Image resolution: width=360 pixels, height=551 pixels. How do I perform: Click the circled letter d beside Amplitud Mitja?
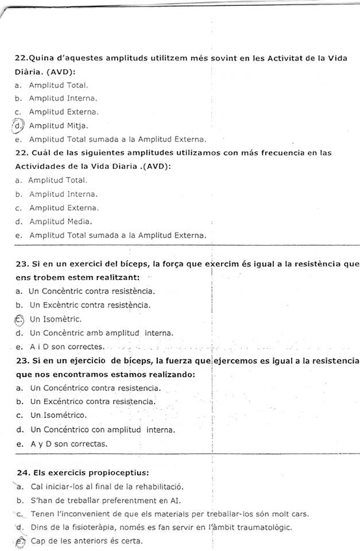tap(19, 125)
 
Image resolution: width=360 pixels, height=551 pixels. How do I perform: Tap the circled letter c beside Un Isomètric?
tap(18, 319)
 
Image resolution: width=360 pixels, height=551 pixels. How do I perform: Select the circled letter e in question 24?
tap(19, 541)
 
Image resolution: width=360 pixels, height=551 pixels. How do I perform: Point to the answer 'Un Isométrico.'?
tap(58, 415)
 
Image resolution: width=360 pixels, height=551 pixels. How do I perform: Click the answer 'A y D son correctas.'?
tap(69, 444)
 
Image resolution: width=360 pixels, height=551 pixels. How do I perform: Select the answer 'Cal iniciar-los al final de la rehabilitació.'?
tap(107, 486)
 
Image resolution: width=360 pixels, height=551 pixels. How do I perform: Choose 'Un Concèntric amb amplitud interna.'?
tap(101, 333)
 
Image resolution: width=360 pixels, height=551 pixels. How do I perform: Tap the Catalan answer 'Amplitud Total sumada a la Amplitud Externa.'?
tap(118, 139)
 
